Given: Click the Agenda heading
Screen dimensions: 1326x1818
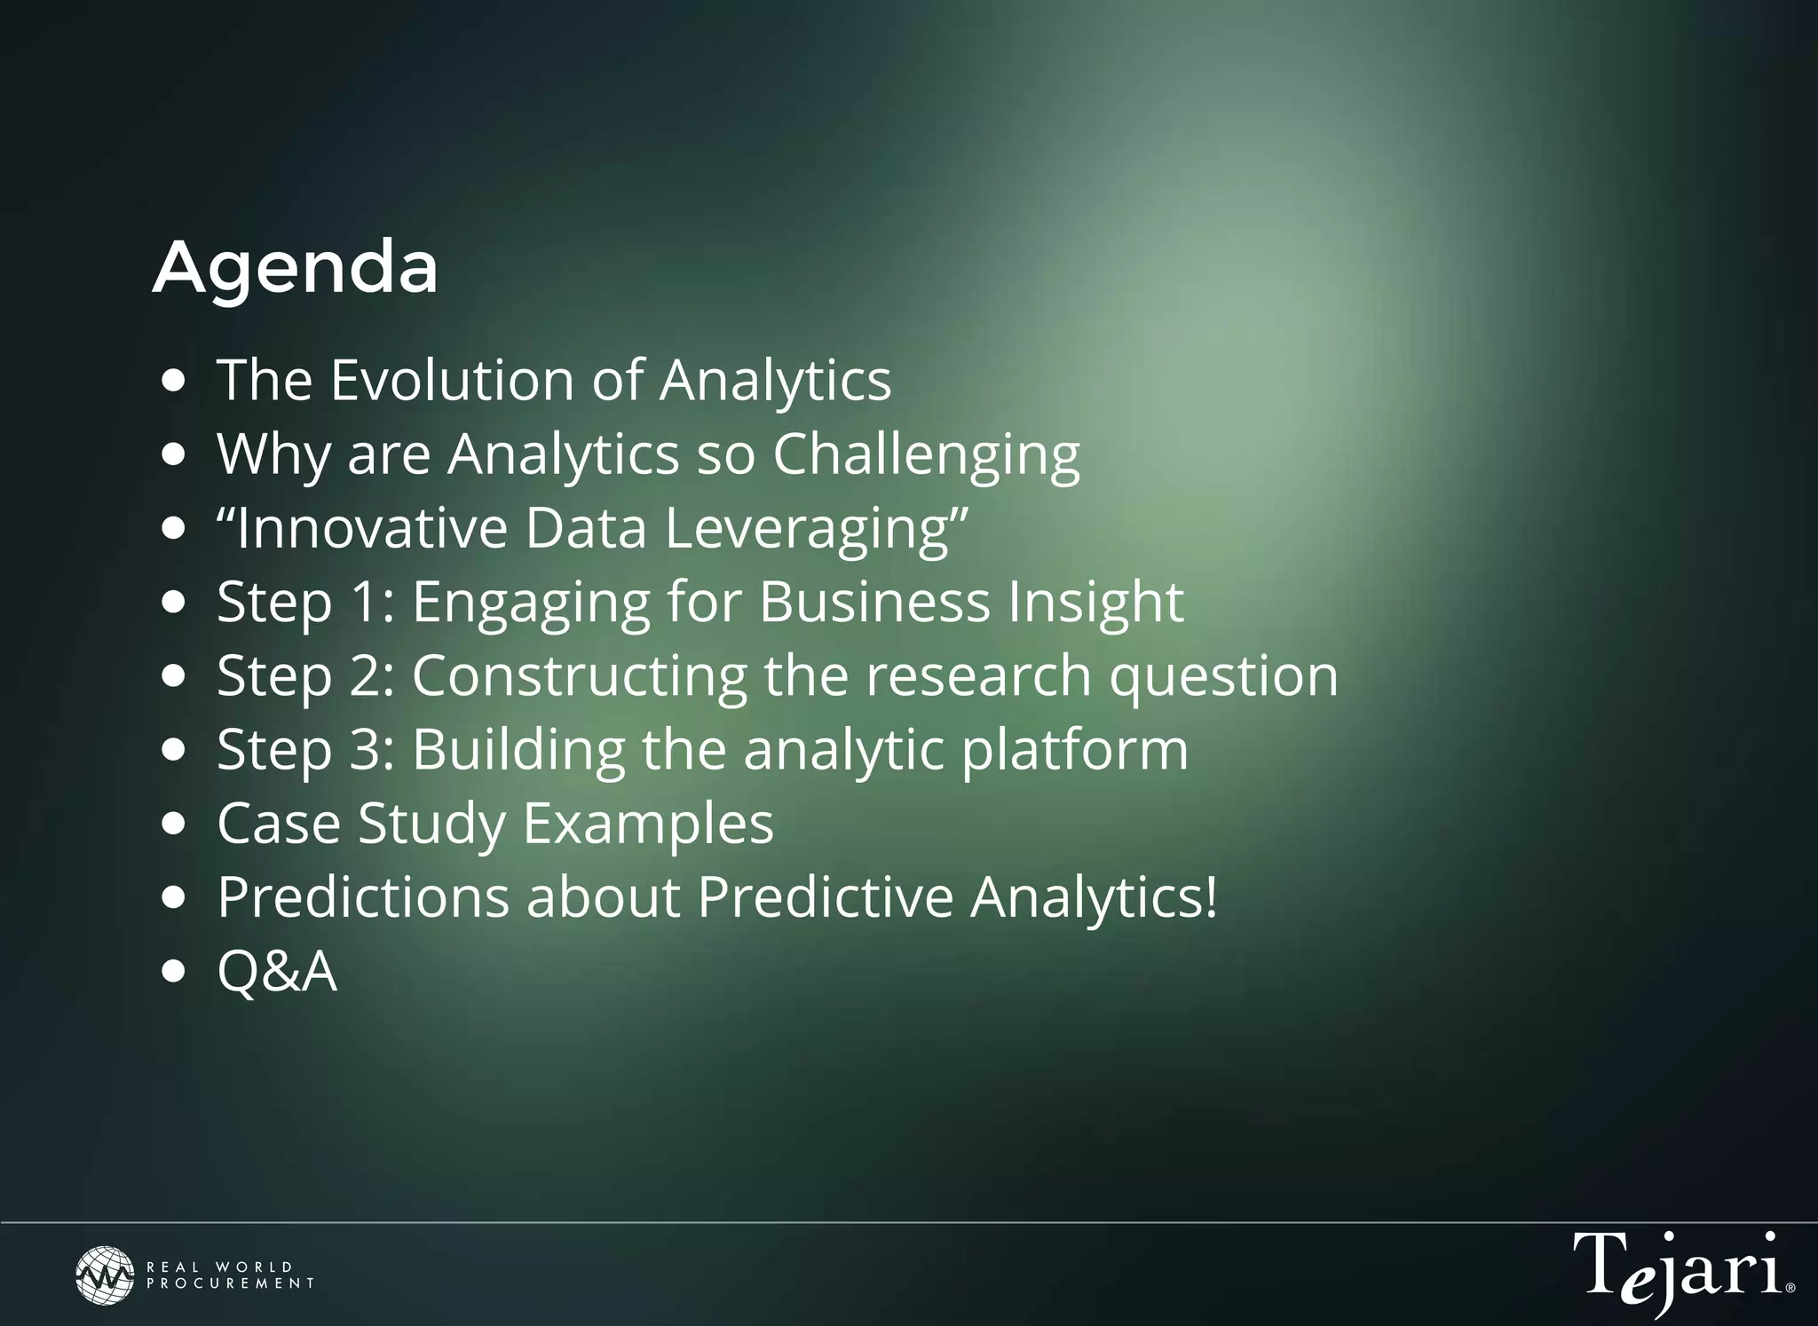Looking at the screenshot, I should (296, 268).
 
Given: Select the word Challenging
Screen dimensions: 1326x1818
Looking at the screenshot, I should (926, 455).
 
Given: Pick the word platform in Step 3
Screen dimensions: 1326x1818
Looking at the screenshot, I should (1075, 750).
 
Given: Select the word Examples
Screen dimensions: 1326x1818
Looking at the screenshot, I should (648, 824).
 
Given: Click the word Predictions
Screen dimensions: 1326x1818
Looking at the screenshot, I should (363, 897).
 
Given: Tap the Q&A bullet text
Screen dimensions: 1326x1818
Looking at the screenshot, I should (277, 971).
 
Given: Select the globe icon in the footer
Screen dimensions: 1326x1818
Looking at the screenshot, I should (105, 1275).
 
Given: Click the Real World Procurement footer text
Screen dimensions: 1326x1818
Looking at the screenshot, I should (230, 1275).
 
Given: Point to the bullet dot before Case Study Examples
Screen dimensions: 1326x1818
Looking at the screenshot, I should (175, 824).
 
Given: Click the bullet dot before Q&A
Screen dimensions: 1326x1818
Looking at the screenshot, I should (175, 971).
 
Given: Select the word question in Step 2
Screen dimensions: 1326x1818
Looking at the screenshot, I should (1223, 676).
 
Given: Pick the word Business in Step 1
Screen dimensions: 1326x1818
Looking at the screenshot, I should (874, 603).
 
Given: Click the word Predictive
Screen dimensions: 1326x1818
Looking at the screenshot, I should (825, 897).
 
